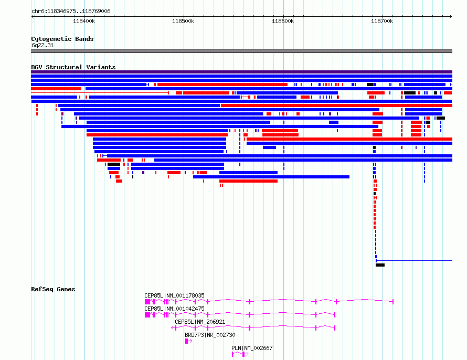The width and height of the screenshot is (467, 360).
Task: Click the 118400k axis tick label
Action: tap(84, 21)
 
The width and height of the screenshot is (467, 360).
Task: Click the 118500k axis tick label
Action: tap(183, 21)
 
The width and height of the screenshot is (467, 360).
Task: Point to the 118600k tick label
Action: tap(283, 21)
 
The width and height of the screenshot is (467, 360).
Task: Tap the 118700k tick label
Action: tap(382, 21)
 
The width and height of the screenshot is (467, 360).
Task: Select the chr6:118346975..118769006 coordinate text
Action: tap(71, 12)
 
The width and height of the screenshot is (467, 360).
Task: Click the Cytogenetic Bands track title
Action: tap(62, 39)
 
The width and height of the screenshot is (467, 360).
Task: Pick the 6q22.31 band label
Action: tap(43, 45)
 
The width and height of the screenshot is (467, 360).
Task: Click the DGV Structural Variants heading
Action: tap(73, 67)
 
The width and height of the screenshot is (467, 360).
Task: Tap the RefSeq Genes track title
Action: tap(53, 289)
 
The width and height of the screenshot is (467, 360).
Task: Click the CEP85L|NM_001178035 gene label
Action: tap(174, 295)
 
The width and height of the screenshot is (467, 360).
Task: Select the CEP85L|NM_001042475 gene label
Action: tap(174, 309)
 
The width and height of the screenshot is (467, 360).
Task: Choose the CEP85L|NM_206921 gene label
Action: tap(200, 322)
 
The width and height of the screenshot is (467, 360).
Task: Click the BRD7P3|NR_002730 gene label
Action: tap(210, 335)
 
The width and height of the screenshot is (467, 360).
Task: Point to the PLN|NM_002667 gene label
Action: tap(252, 348)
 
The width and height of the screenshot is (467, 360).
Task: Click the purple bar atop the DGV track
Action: tap(241, 72)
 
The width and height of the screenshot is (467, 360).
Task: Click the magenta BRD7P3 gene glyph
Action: tap(188, 341)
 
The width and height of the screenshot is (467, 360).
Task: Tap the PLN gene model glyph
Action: tap(240, 354)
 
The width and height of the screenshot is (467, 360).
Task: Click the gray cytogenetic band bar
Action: tap(241, 51)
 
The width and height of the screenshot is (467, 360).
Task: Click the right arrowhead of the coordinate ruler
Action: tap(451, 17)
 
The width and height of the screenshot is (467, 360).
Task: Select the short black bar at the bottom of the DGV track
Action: tap(380, 265)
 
